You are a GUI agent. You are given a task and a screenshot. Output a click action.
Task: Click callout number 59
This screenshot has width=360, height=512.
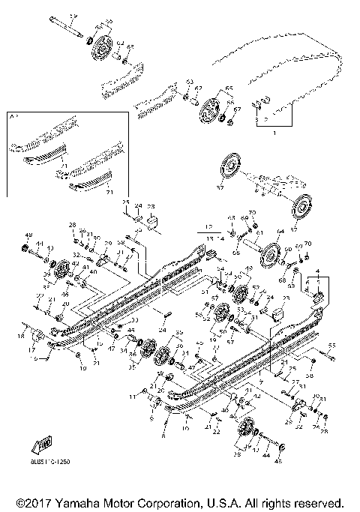click(x=73, y=16)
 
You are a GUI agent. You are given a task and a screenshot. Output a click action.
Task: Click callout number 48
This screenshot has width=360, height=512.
click(x=29, y=235)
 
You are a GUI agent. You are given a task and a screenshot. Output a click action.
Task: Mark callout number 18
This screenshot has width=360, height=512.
click(x=20, y=338)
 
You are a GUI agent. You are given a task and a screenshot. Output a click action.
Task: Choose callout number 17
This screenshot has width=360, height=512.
click(x=32, y=349)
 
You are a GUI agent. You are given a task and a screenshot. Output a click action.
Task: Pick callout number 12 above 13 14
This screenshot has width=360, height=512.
click(x=208, y=225)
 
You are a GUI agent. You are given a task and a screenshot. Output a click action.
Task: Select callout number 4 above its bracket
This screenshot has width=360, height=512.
click(x=316, y=268)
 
